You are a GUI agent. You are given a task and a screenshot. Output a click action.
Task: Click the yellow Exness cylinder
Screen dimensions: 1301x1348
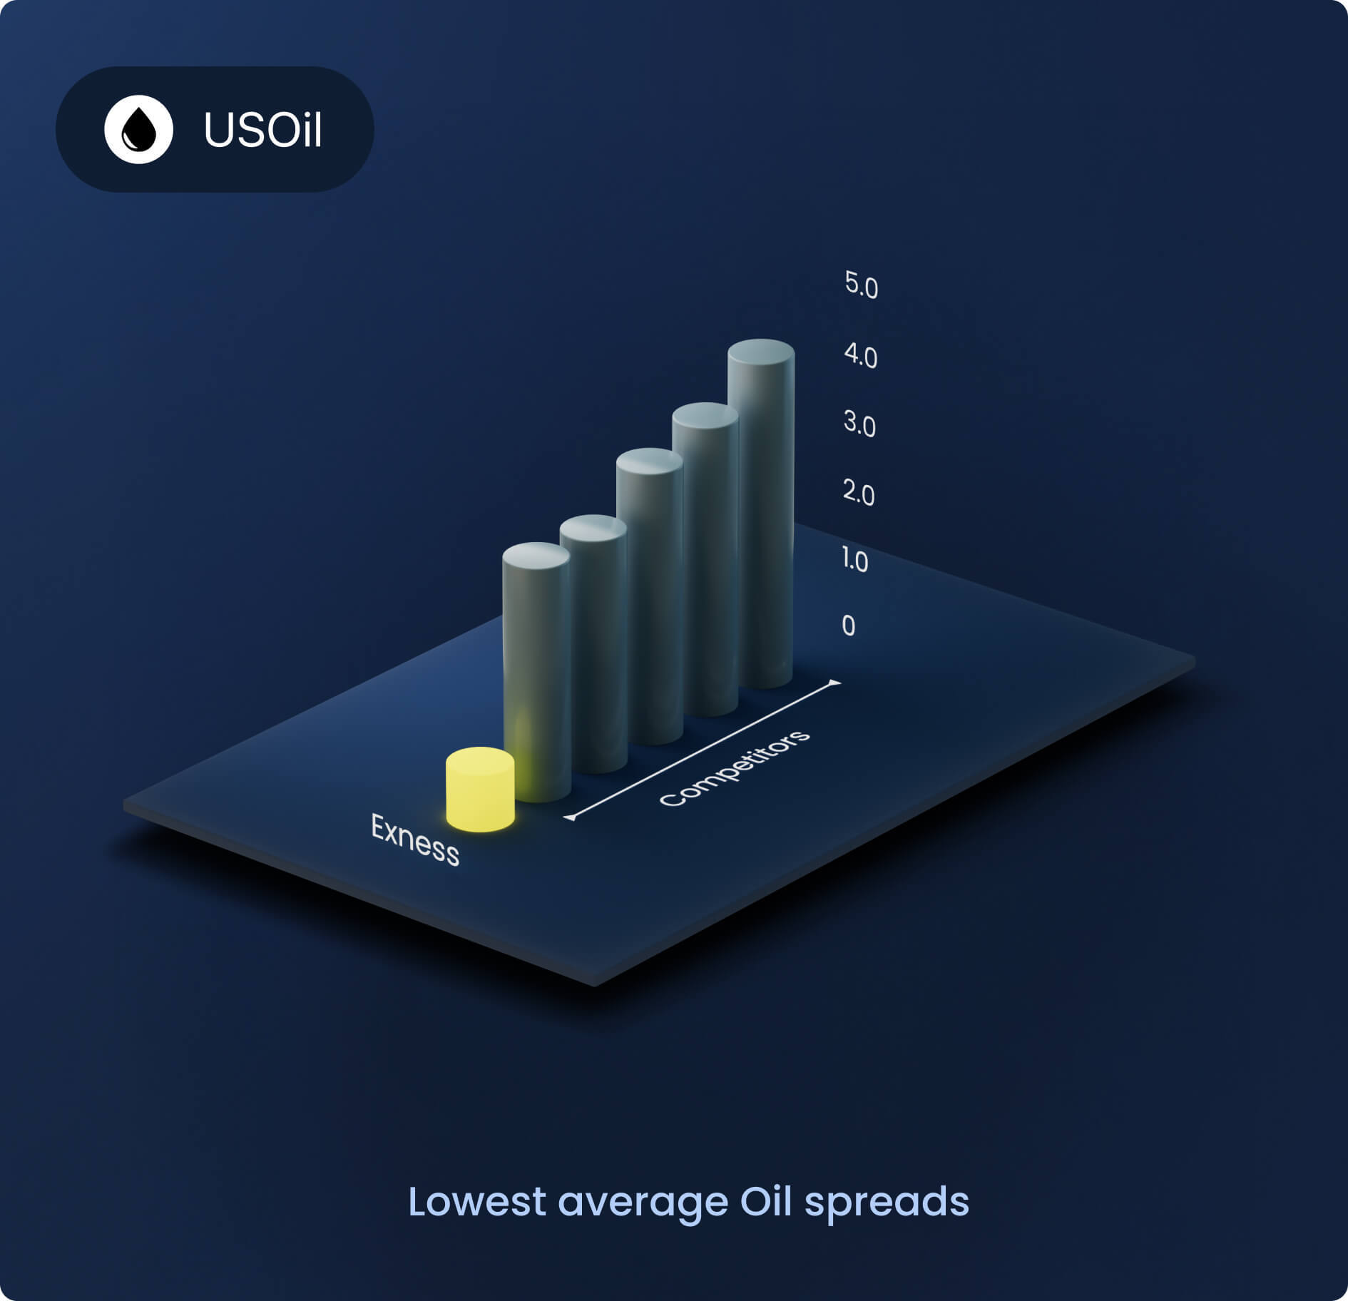click(480, 790)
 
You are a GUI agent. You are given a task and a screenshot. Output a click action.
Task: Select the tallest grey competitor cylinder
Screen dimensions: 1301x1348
click(761, 514)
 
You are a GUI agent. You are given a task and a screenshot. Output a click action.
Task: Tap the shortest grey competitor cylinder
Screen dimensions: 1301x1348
click(536, 670)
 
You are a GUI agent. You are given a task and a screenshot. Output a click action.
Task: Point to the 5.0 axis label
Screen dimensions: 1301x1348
click(861, 285)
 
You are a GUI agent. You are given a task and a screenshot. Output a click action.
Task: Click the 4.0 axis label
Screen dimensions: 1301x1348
click(860, 355)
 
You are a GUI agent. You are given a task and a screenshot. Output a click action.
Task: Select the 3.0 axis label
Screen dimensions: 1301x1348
click(859, 424)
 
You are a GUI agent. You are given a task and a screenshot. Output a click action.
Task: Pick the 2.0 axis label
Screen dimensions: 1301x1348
click(858, 493)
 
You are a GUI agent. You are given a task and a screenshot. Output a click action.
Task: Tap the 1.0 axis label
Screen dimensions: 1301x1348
click(854, 560)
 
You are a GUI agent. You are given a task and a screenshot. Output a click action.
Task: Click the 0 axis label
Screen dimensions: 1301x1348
click(848, 626)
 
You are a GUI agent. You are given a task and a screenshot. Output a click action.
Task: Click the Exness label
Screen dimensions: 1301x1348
click(415, 840)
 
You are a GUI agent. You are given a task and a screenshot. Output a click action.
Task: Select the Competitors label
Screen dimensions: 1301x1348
click(734, 768)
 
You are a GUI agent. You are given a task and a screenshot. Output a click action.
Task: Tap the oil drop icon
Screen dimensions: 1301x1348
click(138, 130)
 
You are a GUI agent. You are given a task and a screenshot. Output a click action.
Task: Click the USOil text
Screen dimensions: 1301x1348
click(262, 130)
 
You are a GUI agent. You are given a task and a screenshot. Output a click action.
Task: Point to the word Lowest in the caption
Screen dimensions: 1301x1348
click(476, 1202)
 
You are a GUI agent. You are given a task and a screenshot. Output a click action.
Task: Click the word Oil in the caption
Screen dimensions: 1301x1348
click(765, 1202)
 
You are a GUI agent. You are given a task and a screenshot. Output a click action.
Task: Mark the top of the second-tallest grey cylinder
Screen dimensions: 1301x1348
click(705, 416)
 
